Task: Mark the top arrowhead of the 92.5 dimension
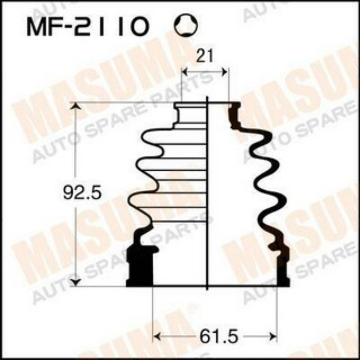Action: [76, 106]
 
